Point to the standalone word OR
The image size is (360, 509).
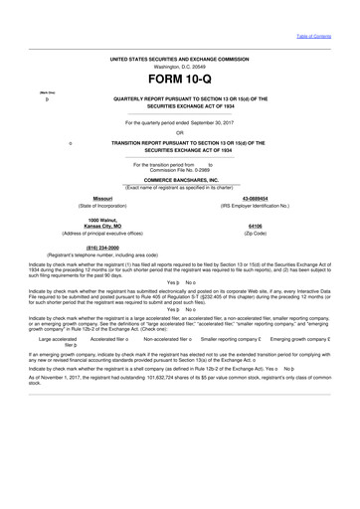pyautogui.click(x=179, y=132)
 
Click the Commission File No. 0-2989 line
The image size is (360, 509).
pyautogui.click(x=179, y=170)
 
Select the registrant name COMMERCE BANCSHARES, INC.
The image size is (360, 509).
pyautogui.click(x=180, y=180)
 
